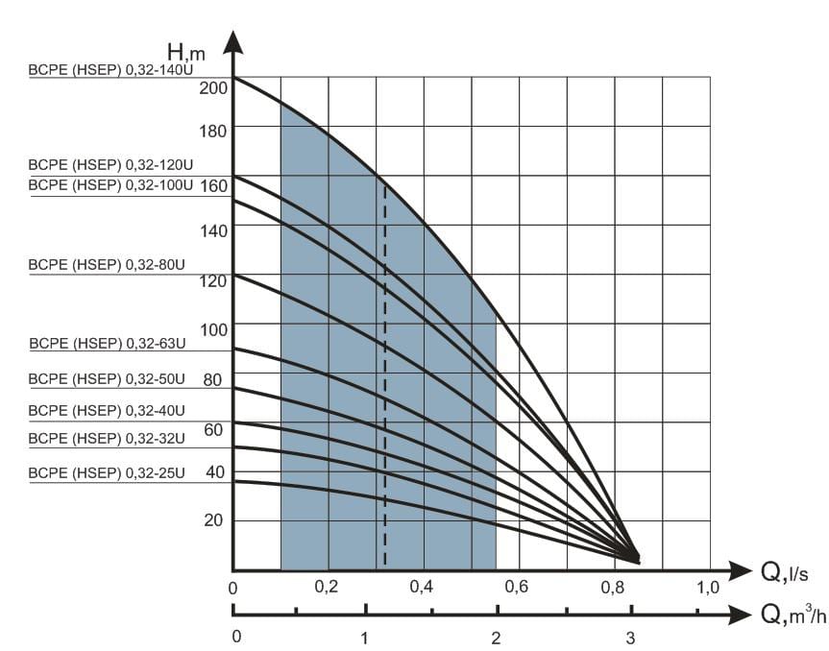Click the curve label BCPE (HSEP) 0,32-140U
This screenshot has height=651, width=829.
point(110,70)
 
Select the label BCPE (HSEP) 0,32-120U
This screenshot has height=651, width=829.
point(110,165)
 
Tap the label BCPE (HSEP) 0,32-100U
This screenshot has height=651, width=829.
point(110,185)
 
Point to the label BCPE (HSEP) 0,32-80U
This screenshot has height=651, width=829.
point(107,265)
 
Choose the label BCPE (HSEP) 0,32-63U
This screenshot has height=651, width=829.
point(108,344)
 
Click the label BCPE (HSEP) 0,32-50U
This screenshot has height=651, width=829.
point(107,379)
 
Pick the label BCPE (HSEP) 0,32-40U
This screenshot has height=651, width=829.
point(107,411)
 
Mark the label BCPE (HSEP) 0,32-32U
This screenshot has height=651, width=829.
point(107,439)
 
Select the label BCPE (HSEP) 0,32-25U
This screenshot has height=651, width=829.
point(107,473)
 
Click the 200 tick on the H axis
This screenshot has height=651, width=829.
point(213,87)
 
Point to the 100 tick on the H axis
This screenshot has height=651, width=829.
point(213,329)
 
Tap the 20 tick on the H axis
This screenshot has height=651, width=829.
point(213,520)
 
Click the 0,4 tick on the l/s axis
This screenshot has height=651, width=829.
point(422,586)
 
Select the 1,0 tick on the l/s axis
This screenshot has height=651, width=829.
point(708,587)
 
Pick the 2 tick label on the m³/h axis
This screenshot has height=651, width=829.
point(496,639)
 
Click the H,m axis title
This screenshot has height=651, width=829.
point(186,53)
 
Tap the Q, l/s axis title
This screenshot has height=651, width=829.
point(785,572)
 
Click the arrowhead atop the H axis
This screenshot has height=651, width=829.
point(232,42)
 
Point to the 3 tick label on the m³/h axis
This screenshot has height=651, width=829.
point(630,639)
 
